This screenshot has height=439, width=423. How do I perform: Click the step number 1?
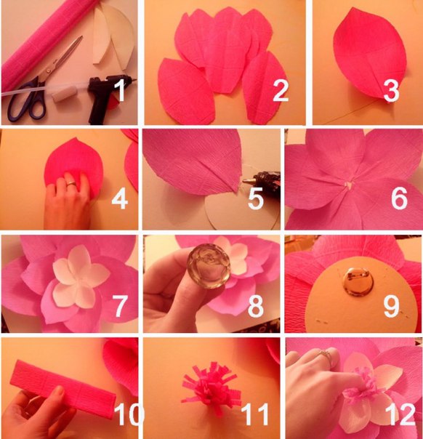[x=121, y=90]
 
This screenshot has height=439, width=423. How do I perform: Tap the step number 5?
[x=256, y=198]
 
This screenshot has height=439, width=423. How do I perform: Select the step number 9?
[x=391, y=306]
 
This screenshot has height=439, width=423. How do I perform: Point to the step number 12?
[x=400, y=414]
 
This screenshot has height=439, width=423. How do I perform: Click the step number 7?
[x=120, y=306]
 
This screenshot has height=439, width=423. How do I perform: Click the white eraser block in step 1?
[x=64, y=94]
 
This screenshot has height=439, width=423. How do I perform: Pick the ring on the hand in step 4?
[x=70, y=184]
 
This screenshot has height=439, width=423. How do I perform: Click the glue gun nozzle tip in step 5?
[x=244, y=182]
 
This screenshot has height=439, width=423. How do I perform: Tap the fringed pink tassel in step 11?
[x=211, y=388]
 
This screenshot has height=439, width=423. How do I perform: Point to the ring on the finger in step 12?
[x=324, y=356]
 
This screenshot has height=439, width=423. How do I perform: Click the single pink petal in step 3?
[x=370, y=53]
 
